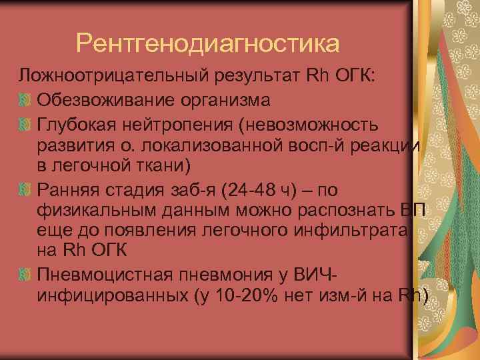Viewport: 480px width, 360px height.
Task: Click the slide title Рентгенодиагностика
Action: [207, 43]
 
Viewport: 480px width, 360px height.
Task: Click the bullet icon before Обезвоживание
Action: [26, 101]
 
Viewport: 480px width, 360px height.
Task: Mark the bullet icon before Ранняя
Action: [26, 192]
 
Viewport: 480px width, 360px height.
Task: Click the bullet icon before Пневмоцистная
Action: [26, 275]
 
